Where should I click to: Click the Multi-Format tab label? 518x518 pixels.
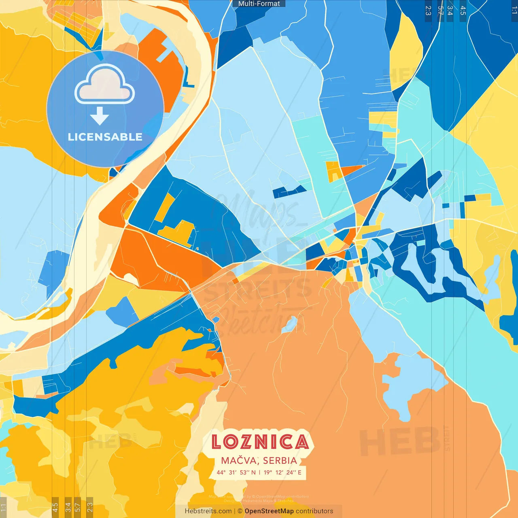coord(259,4)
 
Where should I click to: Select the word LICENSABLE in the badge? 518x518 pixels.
coord(105,137)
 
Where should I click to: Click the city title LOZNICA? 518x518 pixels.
coord(260,442)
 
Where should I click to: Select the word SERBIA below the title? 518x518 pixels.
coord(280,461)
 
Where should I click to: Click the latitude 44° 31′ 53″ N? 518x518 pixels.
coord(236,472)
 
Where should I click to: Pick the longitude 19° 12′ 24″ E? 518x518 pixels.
coord(282,472)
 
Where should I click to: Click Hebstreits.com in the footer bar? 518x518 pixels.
coord(208,511)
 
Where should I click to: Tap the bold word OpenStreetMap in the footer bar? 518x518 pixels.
coord(269,511)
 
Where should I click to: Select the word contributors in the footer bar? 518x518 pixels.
coord(314,511)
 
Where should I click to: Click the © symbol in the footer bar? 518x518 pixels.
coord(240,511)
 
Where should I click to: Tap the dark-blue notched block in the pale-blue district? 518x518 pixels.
coord(289,191)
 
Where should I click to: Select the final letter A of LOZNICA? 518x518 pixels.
coord(301,442)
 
